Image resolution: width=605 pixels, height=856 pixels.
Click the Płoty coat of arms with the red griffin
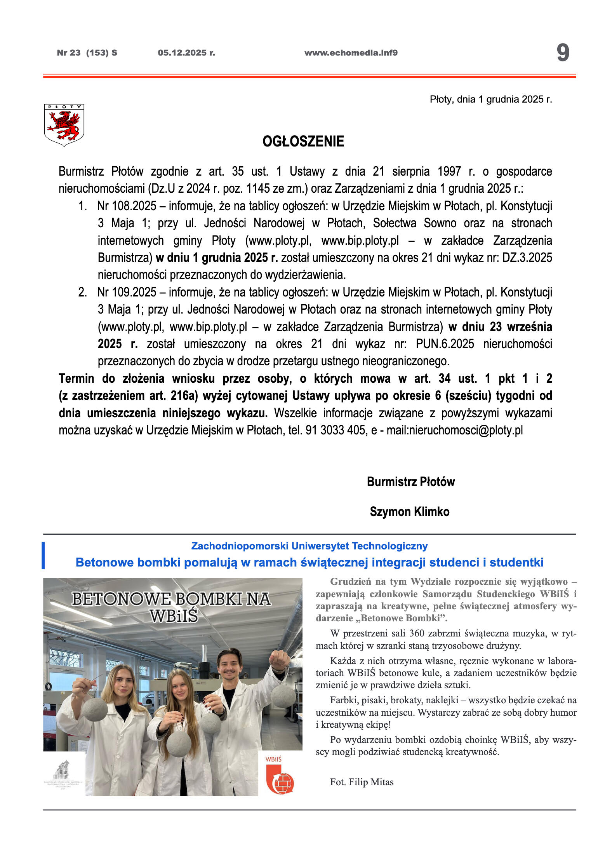[64, 125]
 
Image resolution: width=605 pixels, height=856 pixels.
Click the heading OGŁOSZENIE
[303, 141]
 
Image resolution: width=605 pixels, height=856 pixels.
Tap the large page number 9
[563, 53]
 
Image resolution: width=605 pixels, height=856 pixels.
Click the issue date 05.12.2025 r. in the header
[186, 53]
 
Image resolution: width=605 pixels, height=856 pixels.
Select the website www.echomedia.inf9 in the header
[351, 53]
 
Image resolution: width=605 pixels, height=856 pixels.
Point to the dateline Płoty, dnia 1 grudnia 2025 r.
[490, 99]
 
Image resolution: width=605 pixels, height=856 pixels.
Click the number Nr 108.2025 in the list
[127, 206]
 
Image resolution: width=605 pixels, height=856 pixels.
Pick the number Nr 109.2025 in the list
[127, 292]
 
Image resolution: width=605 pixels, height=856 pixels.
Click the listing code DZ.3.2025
[527, 258]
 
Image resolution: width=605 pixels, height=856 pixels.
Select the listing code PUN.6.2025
[445, 344]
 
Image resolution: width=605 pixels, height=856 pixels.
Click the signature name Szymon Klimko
[410, 512]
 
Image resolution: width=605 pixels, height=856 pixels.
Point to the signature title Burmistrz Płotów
[410, 482]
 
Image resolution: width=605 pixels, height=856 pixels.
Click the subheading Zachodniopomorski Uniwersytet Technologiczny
[309, 546]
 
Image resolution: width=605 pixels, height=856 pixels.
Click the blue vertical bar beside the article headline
[43, 555]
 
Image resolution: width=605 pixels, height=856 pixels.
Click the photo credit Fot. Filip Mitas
[362, 782]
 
